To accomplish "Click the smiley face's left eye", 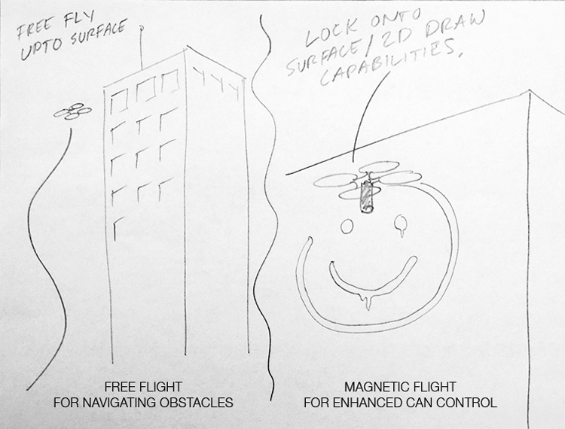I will click(348, 226).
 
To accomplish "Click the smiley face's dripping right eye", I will click(401, 223).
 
